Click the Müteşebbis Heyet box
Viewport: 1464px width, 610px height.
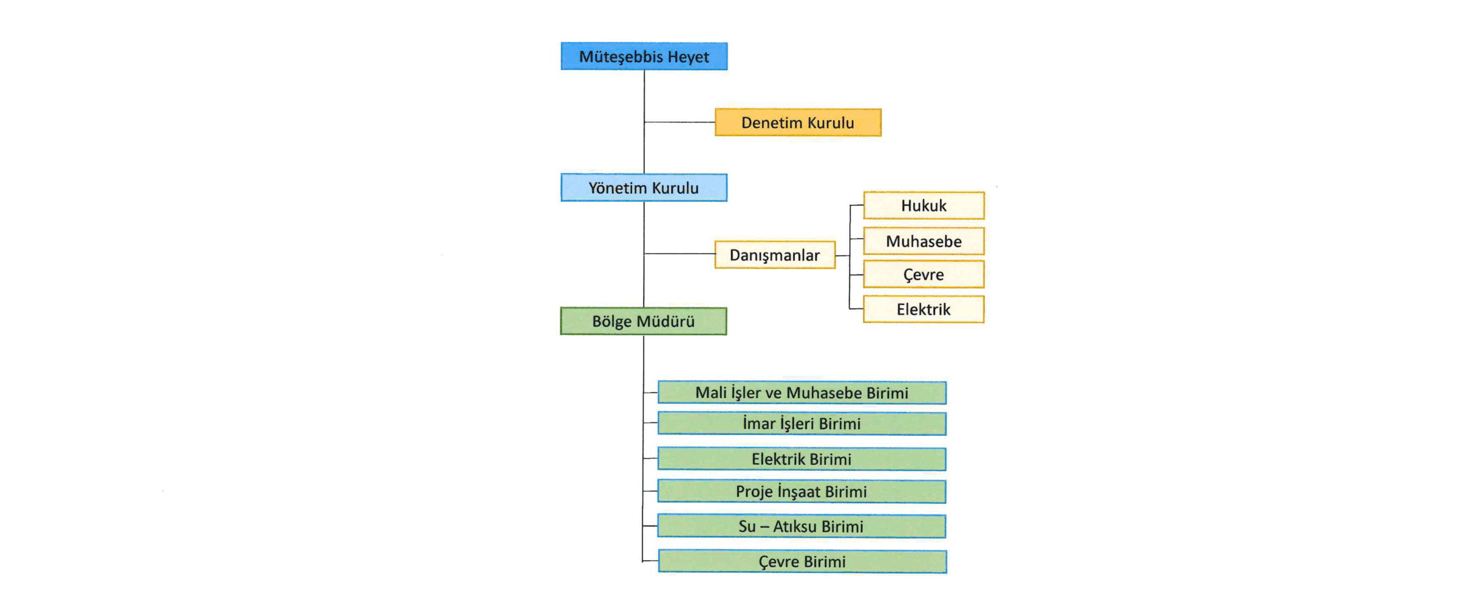click(x=643, y=56)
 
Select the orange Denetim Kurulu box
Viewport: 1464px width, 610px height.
click(x=797, y=122)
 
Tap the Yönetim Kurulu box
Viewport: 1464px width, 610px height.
click(x=643, y=188)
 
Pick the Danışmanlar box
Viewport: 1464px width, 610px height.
click(x=774, y=255)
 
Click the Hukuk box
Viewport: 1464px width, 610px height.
click(x=923, y=205)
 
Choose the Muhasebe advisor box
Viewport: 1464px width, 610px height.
click(x=923, y=241)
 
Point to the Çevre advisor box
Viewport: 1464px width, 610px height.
click(x=923, y=274)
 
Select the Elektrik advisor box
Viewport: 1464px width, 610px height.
click(x=923, y=309)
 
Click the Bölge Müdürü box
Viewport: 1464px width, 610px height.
click(x=643, y=321)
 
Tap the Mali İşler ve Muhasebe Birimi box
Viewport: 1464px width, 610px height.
click(x=801, y=393)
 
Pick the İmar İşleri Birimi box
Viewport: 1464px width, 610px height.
click(x=801, y=424)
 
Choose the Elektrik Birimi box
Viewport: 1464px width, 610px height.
click(x=801, y=459)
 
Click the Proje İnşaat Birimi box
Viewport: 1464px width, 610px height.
click(x=801, y=492)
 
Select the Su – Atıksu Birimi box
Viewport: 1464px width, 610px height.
click(x=801, y=526)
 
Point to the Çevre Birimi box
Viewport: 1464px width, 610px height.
click(x=802, y=561)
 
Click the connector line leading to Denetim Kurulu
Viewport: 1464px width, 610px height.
click(x=679, y=122)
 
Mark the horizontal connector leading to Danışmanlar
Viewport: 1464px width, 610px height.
click(x=679, y=253)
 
